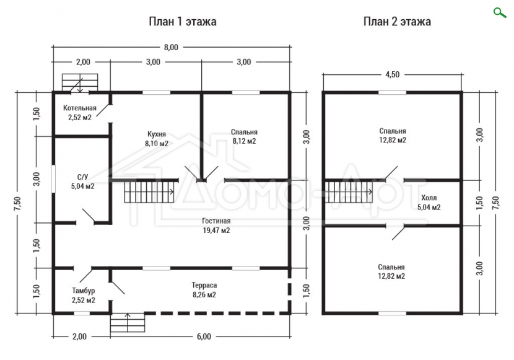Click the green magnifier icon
coord(500,13)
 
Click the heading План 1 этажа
coord(183,22)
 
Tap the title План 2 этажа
coord(397,22)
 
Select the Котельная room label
coord(80,112)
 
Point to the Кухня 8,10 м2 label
coord(157,139)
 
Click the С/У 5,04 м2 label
coord(82,182)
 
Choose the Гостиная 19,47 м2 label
coord(216,226)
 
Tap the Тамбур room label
coord(83,296)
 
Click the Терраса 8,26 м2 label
coord(204,290)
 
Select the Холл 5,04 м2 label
coord(429,202)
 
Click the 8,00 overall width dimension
coord(171,47)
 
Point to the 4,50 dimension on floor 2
coord(393,74)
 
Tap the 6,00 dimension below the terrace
coord(204,336)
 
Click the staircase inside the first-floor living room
coord(149,193)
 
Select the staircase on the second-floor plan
coord(349,191)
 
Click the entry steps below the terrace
coord(128,323)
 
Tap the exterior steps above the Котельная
coord(80,82)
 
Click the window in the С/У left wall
coord(53,178)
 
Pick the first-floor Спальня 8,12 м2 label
coord(244,136)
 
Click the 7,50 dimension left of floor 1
coord(18,203)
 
